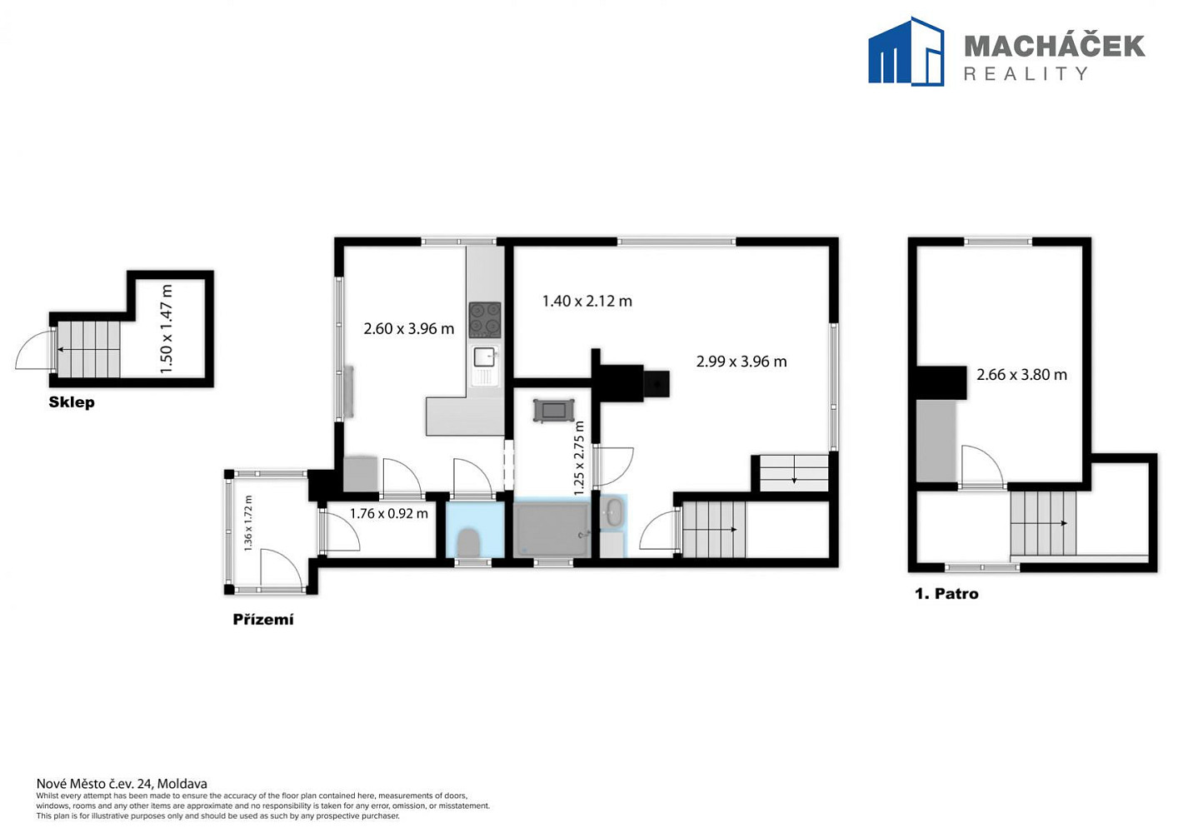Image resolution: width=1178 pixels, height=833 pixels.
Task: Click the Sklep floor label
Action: pos(72,402)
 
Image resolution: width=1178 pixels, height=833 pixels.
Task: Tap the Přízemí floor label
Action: pos(263,620)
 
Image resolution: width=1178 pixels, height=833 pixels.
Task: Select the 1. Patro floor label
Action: pos(946,594)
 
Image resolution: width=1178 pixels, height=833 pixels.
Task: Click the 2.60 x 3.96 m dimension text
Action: pos(408,329)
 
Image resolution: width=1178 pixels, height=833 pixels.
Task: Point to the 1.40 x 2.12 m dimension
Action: pos(587,301)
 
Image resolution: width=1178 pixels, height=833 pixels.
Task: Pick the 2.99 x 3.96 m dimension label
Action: pos(741,362)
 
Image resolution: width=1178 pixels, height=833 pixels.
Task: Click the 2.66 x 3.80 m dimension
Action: pos(1022,374)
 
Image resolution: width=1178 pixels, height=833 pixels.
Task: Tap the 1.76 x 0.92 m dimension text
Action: pos(389,513)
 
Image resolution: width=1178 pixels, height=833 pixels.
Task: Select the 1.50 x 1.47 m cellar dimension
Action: pos(166,329)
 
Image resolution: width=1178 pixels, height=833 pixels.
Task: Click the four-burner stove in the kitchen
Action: pos(485,320)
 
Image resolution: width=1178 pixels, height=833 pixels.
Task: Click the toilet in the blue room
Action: pos(468,543)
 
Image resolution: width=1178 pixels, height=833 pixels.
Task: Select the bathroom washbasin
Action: pos(613,511)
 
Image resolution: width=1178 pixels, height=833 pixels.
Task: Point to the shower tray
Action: pos(552,530)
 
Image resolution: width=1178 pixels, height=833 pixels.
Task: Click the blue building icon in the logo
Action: pos(906,51)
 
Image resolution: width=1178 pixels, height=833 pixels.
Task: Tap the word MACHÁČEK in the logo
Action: pos(1055,47)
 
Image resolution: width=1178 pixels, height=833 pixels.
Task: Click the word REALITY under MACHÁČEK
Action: pos(1026,73)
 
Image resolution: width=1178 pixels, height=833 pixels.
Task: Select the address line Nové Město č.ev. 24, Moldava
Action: pos(122,784)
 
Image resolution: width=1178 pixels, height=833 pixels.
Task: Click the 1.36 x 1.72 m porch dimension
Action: pos(248,523)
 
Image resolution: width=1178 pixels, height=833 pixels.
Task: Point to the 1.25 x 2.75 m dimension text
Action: pos(579,457)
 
